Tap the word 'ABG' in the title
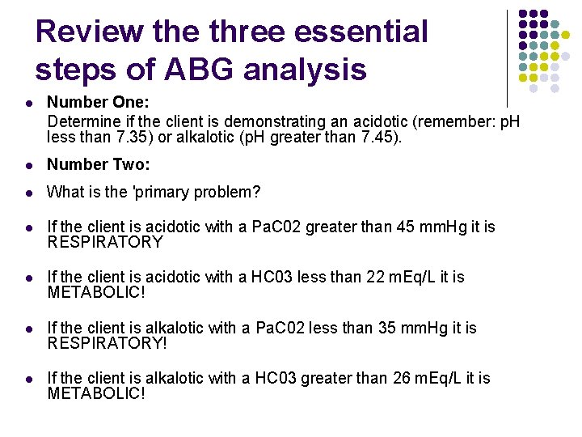coord(199,70)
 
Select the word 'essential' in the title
coord(361,32)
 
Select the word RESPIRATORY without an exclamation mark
coord(105,242)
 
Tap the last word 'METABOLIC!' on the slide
coord(96,393)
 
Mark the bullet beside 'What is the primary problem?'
coord(28,193)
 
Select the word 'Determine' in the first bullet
coord(81,122)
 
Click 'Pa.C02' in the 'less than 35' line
coord(277,328)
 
